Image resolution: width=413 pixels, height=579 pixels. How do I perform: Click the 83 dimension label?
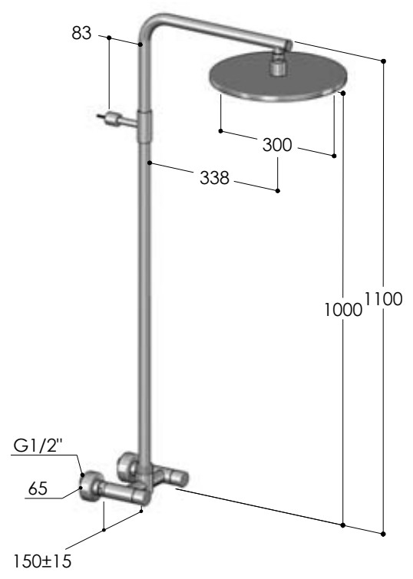81,33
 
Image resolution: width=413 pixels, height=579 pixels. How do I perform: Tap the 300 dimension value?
277,145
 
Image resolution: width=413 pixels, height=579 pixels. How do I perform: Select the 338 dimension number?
214,178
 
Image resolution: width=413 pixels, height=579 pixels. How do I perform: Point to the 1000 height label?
343,310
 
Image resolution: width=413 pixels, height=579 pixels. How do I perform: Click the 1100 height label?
383,299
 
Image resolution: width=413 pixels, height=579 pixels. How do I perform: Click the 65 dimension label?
38,489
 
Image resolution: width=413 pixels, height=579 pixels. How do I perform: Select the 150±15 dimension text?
42,561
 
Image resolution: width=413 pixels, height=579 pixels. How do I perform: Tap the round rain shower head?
279,78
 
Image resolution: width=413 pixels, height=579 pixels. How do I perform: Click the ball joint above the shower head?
277,66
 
